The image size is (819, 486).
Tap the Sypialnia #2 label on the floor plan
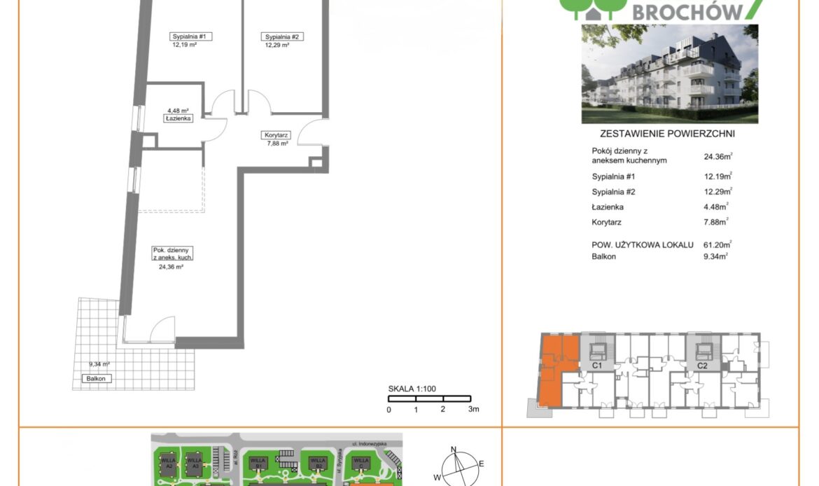point(283,37)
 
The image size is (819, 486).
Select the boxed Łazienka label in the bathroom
point(178,118)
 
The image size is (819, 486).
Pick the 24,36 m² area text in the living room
point(168,267)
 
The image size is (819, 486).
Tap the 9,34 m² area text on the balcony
point(100,364)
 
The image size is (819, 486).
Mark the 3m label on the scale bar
point(474,410)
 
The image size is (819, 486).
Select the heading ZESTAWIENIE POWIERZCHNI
point(669,134)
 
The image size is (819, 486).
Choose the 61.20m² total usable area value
point(717,245)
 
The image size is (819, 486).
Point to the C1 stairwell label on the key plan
point(598,366)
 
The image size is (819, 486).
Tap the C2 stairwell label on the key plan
point(703,366)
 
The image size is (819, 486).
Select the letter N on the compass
point(453,449)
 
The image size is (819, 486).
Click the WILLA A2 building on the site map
point(167,463)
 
